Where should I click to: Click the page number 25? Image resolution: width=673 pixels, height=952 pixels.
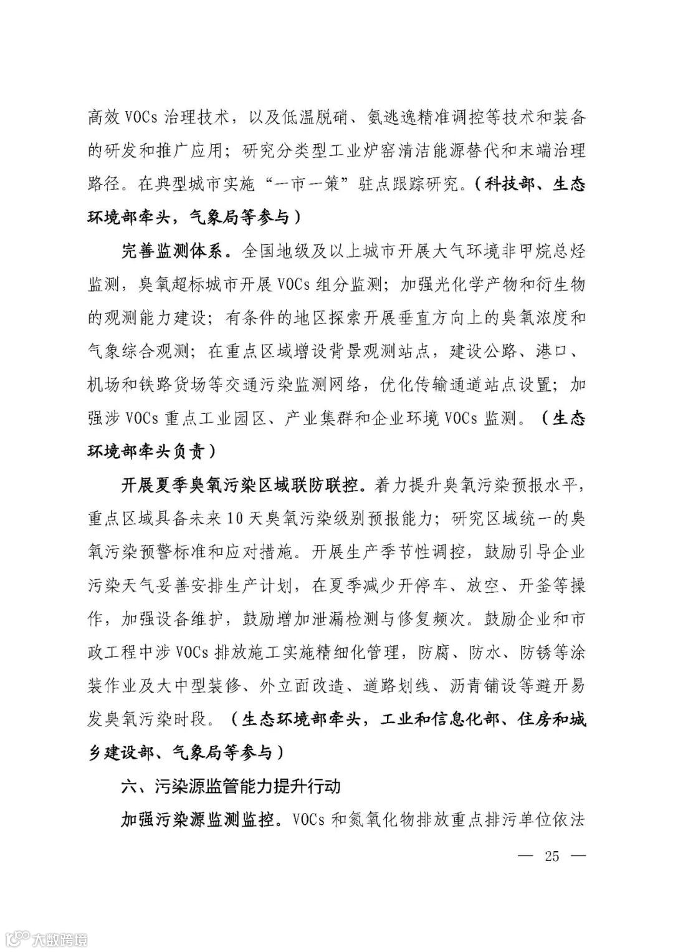tap(551, 855)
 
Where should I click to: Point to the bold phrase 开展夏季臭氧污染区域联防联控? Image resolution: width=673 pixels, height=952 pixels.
tap(241, 485)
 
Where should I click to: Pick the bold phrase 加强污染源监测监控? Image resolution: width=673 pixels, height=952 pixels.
tap(197, 819)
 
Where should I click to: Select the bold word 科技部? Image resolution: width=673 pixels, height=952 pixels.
tap(505, 185)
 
